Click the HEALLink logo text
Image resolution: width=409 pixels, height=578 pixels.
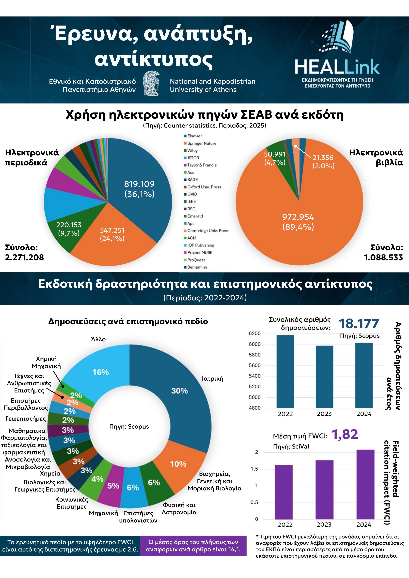337,67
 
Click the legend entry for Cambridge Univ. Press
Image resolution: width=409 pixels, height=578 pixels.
207,231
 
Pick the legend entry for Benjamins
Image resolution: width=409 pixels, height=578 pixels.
196,267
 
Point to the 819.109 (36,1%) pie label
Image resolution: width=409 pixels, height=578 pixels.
139,189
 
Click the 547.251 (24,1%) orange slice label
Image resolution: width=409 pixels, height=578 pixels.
112,234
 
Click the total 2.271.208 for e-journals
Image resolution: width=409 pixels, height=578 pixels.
24,257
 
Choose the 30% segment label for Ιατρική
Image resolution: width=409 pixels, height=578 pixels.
179,391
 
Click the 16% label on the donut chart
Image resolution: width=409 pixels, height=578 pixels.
101,372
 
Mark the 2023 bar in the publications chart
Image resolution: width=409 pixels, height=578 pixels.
325,377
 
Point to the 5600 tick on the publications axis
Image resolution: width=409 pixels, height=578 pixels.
254,365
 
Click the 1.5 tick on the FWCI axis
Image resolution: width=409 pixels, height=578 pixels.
254,469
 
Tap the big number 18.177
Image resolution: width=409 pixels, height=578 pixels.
359,323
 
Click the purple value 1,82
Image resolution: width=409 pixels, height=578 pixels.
345,434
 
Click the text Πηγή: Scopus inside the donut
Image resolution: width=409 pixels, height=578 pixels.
129,426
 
